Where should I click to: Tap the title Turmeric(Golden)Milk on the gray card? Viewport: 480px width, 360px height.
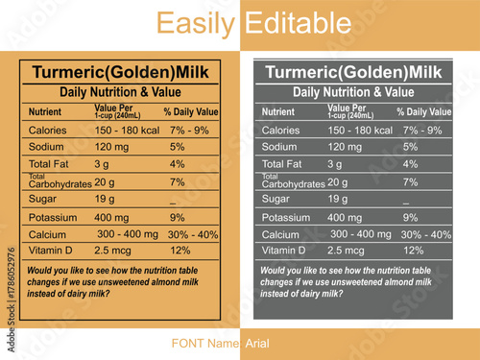click(x=353, y=73)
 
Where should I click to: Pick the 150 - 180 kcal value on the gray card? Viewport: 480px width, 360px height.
click(x=360, y=130)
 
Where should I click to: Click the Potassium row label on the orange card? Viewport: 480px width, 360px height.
click(x=53, y=218)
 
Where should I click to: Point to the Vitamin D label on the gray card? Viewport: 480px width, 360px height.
click(x=285, y=251)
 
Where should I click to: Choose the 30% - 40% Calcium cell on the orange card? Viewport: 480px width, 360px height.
click(x=193, y=234)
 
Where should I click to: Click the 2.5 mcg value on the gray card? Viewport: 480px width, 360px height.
click(x=346, y=251)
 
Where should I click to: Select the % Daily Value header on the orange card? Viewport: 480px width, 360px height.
click(x=191, y=112)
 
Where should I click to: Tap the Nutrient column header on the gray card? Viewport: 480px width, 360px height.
click(x=278, y=112)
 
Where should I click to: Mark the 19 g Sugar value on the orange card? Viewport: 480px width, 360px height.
click(x=105, y=199)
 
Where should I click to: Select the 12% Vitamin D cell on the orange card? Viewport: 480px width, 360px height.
click(x=180, y=251)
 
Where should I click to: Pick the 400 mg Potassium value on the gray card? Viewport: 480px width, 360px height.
click(x=346, y=217)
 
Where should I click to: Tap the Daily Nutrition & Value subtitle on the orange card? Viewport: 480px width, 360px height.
click(x=120, y=92)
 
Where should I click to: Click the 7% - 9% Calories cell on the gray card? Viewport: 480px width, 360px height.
click(x=422, y=130)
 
